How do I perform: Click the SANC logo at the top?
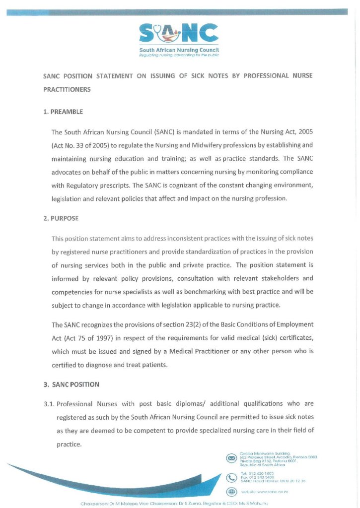179,34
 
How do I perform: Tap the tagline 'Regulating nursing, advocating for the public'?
179,55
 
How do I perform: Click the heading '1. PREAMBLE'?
63,112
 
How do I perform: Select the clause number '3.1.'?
50,403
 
